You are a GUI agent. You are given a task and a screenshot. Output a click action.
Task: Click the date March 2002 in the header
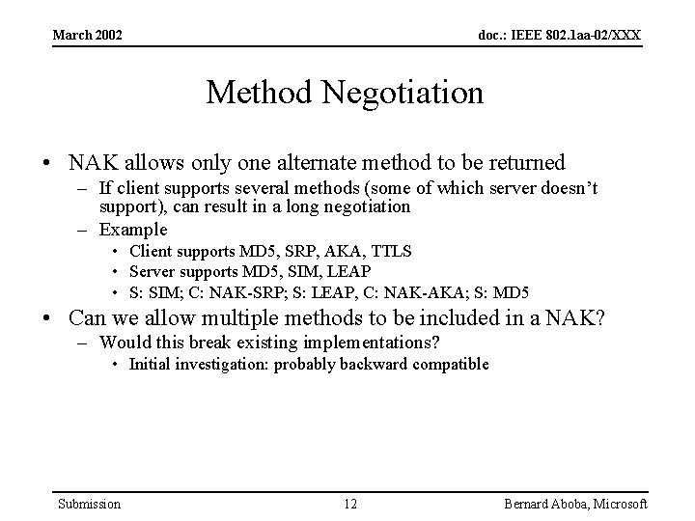87,36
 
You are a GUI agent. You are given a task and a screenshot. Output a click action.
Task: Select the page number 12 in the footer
350,504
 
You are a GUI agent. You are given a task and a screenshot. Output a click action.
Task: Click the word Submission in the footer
90,504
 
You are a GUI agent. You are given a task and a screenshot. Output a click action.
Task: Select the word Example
133,230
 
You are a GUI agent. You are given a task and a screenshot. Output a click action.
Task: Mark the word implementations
362,343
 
